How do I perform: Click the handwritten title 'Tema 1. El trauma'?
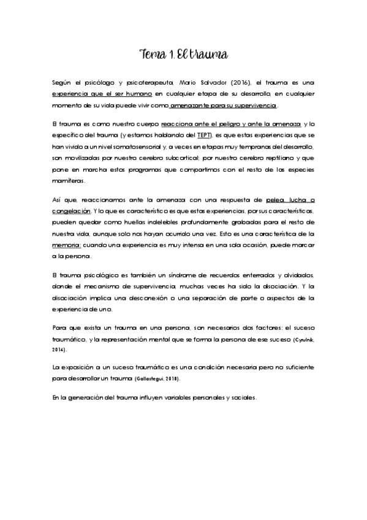click(x=183, y=55)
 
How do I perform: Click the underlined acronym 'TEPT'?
click(x=203, y=136)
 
